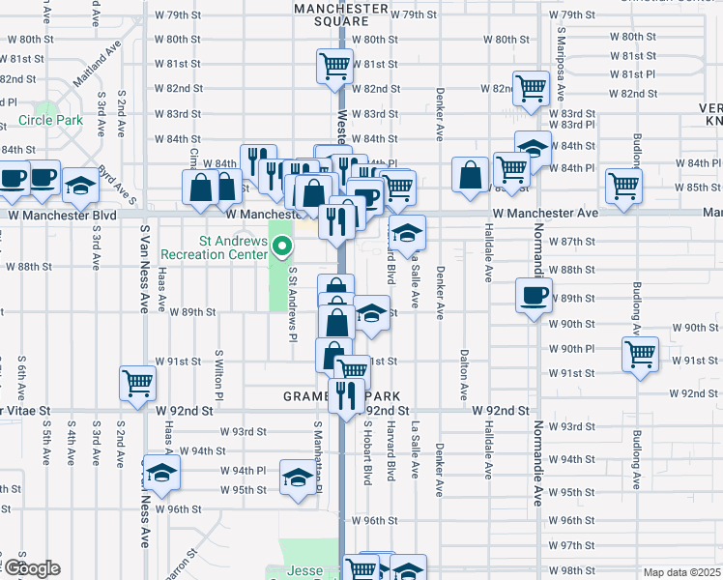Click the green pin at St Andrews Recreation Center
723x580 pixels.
(x=282, y=247)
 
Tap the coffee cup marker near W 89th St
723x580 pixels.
(x=534, y=295)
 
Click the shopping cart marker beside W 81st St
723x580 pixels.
(x=334, y=68)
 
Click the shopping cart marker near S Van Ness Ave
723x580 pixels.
(x=138, y=382)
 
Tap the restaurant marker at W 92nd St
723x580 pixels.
(x=342, y=394)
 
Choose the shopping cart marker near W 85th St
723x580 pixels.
(x=624, y=185)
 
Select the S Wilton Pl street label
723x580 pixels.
(x=219, y=377)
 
